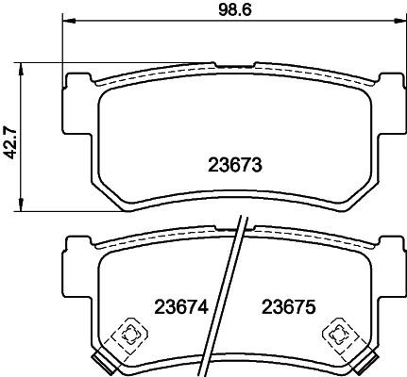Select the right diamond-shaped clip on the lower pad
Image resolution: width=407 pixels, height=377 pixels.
(x=337, y=332)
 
